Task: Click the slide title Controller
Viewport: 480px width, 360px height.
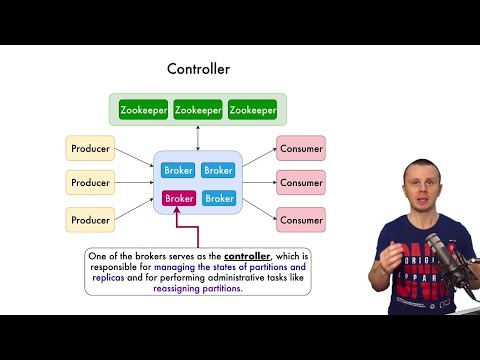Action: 198,69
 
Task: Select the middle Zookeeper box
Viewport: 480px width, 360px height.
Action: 198,109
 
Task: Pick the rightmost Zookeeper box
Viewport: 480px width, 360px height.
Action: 252,109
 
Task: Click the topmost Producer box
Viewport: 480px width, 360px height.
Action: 90,149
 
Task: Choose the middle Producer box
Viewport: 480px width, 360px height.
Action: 90,183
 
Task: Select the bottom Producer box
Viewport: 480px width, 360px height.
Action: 90,219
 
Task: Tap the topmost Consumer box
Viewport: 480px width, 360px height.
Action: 301,149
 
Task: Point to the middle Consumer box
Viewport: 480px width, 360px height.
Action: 301,183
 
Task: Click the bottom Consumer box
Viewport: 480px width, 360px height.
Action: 301,219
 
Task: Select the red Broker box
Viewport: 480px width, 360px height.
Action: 179,198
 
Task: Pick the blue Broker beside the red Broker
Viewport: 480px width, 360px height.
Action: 218,198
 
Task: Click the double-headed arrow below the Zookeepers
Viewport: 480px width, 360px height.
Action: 198,138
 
